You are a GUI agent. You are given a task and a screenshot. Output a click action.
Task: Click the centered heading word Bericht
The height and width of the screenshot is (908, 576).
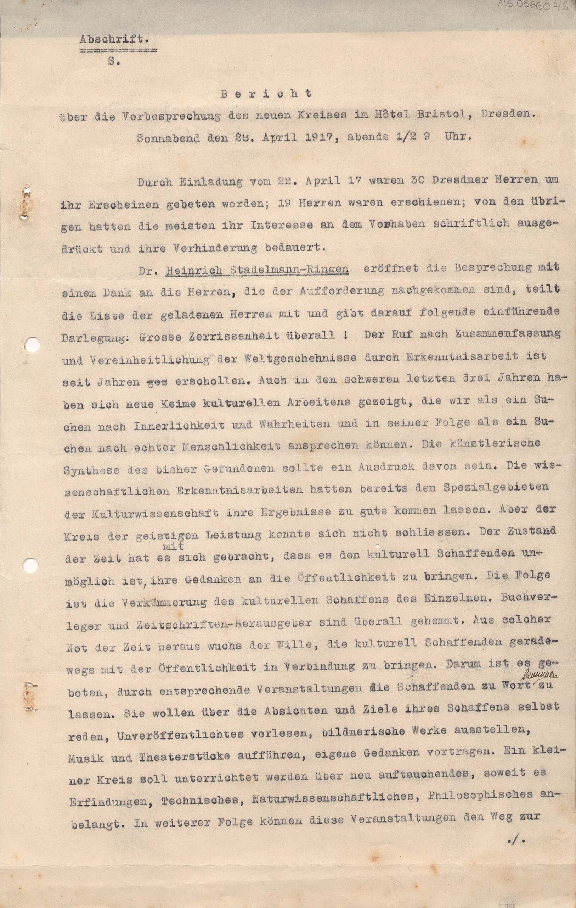(x=266, y=94)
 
